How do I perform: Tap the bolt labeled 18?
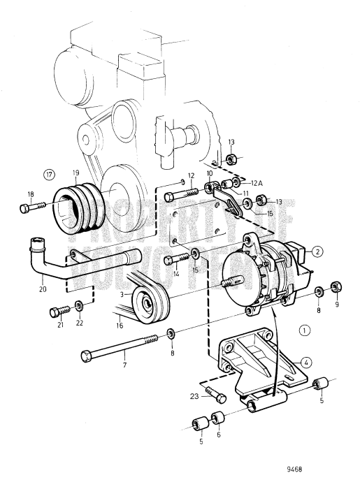click(27, 207)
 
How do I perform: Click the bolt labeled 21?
click(58, 312)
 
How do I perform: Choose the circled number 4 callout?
click(305, 362)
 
